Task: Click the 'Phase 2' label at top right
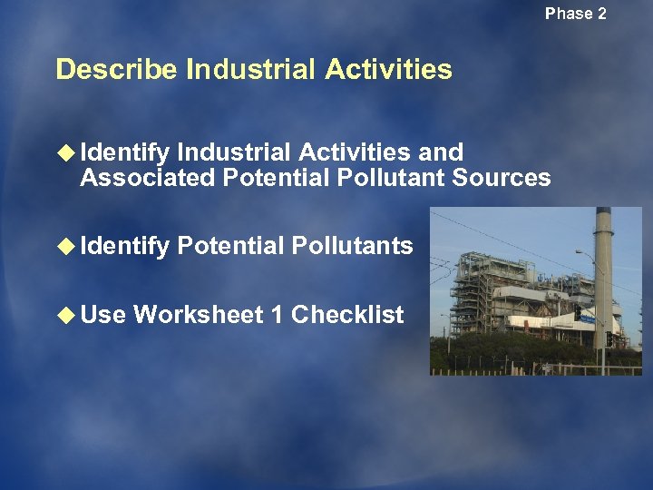coord(575,14)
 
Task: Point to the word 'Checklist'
coord(347,315)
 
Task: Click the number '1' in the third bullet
coord(277,315)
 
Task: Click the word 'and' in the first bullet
coord(440,152)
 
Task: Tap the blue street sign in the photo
coord(588,319)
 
